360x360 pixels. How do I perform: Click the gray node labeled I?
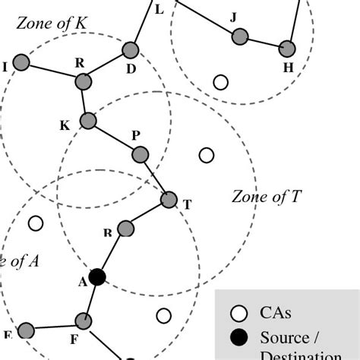click(22, 64)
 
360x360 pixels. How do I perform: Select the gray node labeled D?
click(130, 51)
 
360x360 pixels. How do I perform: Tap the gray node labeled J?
click(240, 36)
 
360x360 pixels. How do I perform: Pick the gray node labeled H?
click(287, 48)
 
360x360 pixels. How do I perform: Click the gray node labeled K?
click(88, 120)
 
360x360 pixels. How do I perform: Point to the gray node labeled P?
click(140, 155)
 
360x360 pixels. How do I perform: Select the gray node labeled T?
click(169, 201)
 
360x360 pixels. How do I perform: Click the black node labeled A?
click(96, 277)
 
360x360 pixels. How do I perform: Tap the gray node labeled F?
click(84, 320)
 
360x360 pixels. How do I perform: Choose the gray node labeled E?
click(27, 330)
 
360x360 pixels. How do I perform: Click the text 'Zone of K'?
click(51, 24)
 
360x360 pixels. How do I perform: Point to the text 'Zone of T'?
click(266, 198)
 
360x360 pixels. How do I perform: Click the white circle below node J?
click(221, 81)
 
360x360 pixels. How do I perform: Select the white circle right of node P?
click(206, 155)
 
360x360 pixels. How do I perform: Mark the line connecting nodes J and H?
click(264, 42)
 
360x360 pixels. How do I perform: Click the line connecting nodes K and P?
click(114, 137)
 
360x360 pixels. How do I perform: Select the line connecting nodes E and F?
click(55, 325)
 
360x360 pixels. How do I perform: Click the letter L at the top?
click(158, 10)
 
